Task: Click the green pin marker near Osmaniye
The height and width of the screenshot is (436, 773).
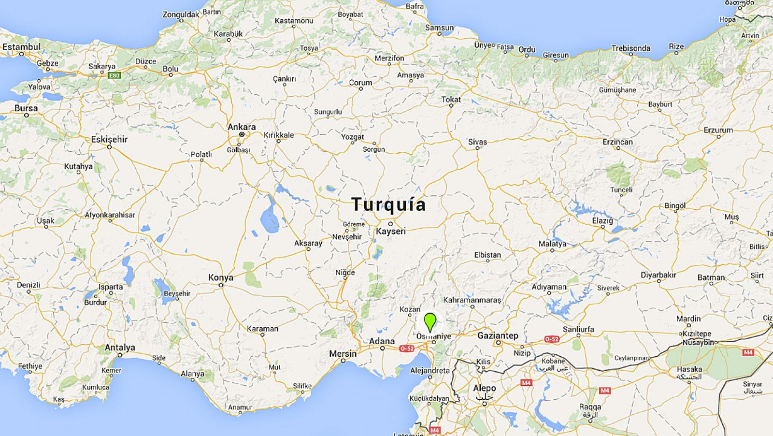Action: (x=429, y=321)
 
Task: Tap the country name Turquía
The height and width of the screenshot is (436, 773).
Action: (x=388, y=204)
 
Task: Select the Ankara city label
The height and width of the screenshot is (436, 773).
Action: (x=242, y=127)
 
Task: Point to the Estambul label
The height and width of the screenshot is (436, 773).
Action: (x=21, y=47)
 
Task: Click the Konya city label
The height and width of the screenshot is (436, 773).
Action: (x=221, y=277)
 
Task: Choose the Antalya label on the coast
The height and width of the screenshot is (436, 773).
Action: (x=120, y=347)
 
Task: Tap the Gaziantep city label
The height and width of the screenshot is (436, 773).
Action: (x=498, y=335)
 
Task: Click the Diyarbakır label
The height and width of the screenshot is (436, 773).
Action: (x=658, y=275)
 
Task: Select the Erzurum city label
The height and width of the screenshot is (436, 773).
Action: (x=718, y=130)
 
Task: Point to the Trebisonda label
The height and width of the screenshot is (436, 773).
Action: (x=630, y=48)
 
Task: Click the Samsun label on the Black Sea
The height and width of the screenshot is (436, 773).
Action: (x=439, y=28)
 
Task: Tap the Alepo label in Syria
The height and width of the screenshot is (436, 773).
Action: (x=484, y=388)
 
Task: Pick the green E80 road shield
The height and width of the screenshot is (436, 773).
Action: (x=114, y=75)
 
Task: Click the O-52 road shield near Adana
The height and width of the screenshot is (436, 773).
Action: (x=407, y=348)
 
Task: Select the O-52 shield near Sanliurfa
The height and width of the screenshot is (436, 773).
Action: (x=552, y=339)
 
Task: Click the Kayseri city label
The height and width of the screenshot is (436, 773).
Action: (x=391, y=231)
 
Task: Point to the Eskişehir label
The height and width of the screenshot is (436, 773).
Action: (x=109, y=139)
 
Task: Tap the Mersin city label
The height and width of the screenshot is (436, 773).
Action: (x=343, y=353)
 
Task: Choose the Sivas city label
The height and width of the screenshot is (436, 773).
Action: (x=477, y=142)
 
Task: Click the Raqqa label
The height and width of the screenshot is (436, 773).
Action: (x=590, y=407)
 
